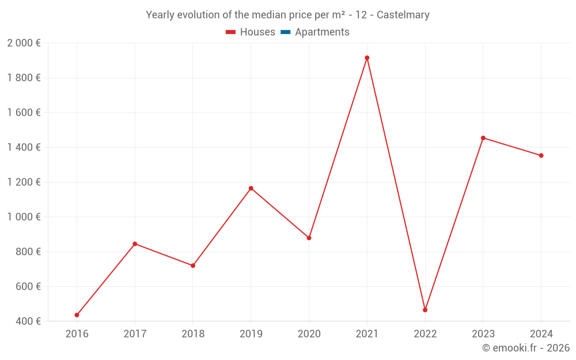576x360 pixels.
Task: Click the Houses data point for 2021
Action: tap(367, 58)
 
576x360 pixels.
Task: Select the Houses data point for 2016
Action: tap(77, 315)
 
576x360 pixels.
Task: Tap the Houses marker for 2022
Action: tap(425, 310)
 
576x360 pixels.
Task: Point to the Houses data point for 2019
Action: tap(251, 188)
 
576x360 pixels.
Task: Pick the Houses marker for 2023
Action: tap(483, 138)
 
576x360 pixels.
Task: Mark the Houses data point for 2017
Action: tap(135, 244)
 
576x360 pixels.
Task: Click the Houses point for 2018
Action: tap(193, 266)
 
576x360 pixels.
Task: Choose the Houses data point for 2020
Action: tap(309, 238)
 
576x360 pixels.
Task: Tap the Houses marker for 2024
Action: tap(541, 156)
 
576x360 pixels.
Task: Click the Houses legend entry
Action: tap(251, 32)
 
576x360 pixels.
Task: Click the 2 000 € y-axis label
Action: tap(24, 43)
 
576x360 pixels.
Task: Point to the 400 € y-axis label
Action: tap(28, 321)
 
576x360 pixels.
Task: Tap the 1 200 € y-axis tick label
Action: tap(24, 182)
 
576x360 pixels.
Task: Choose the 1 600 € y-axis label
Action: tap(24, 112)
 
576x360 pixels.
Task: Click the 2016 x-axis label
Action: tap(77, 334)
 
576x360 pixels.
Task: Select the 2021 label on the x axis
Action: tap(367, 334)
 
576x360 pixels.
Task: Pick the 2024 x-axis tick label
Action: tap(541, 334)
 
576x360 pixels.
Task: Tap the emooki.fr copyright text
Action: tap(526, 348)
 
